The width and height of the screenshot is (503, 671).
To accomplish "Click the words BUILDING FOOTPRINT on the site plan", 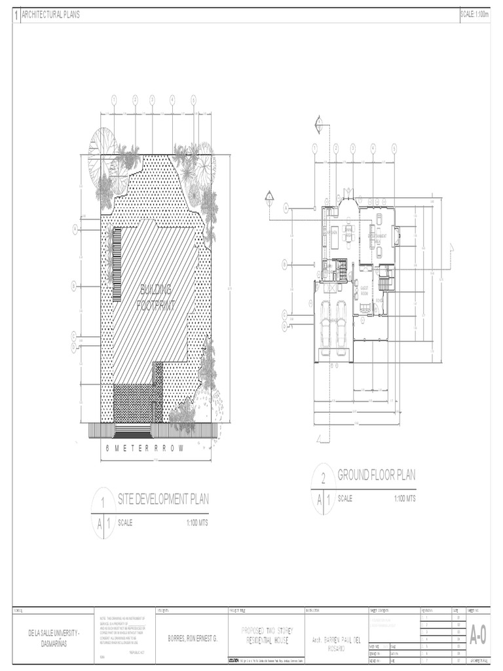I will [x=155, y=297].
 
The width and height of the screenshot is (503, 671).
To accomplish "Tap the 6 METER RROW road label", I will [x=145, y=449].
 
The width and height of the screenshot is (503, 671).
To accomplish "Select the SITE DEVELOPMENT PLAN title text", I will [x=163, y=500].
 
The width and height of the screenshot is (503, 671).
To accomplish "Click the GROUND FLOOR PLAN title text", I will [x=376, y=475].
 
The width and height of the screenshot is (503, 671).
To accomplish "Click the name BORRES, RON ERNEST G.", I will [x=193, y=638].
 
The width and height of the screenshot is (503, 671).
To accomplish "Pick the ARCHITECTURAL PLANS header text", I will [x=51, y=14].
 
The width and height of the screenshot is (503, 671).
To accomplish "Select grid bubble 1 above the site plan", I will [x=113, y=100].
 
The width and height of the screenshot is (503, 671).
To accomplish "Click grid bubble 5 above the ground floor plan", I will [x=394, y=148].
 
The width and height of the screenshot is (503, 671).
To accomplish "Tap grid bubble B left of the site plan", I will [x=75, y=286].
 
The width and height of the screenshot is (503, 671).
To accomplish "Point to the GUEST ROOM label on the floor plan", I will [x=364, y=290].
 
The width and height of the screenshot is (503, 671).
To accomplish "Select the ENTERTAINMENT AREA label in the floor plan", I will [x=380, y=237].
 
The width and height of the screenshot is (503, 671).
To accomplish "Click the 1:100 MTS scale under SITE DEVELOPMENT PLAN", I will [x=197, y=522].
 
